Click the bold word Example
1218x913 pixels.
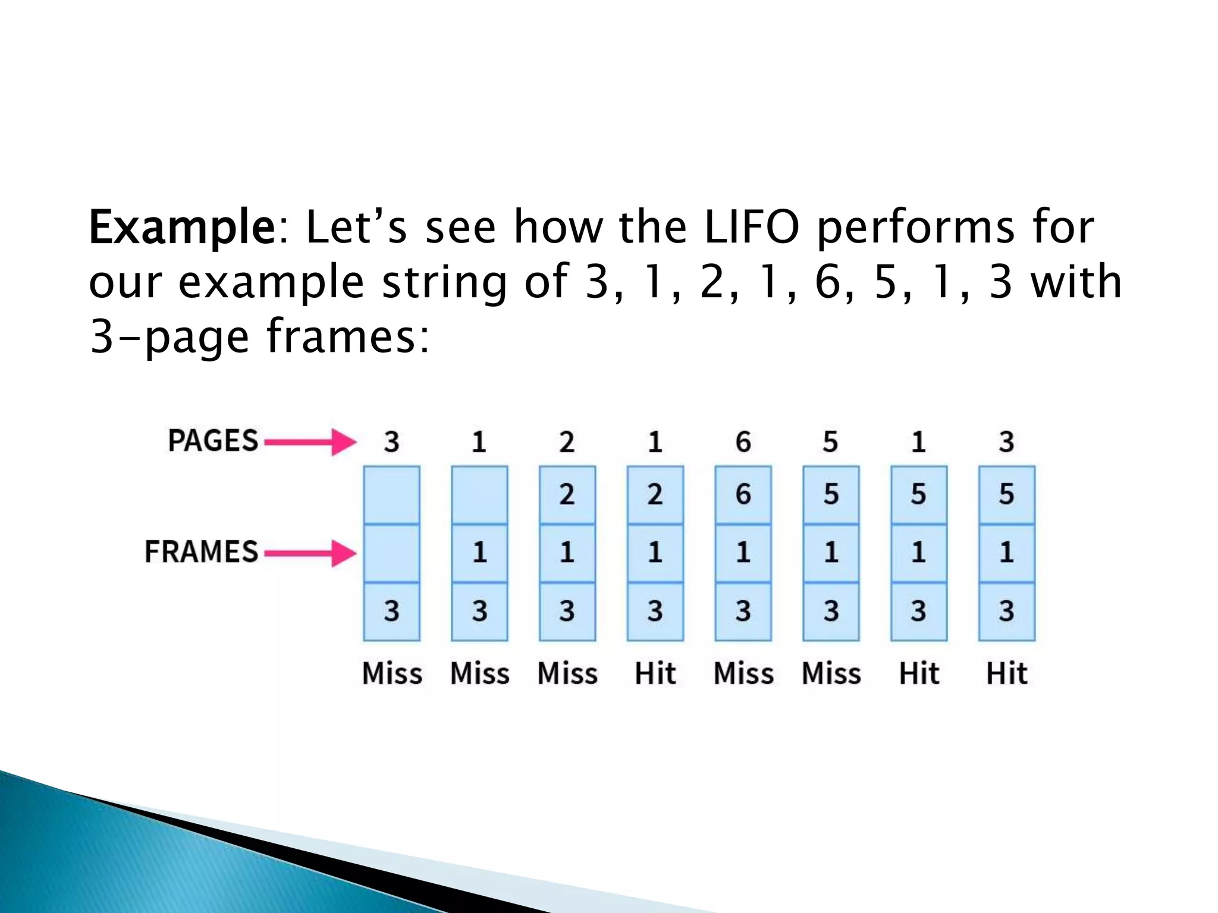[x=181, y=228]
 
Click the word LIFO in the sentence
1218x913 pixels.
[x=751, y=227]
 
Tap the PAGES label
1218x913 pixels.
[x=213, y=441]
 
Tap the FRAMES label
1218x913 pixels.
[x=202, y=552]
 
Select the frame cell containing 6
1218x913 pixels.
[x=743, y=495]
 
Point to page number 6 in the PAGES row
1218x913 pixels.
[x=743, y=442]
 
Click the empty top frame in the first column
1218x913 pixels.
[x=391, y=495]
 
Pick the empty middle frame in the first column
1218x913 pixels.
[x=391, y=553]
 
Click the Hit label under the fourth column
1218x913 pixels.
[x=655, y=674]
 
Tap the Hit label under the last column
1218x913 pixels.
[x=1006, y=674]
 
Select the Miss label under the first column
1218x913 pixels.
[x=392, y=674]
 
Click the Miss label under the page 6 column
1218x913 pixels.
[x=743, y=674]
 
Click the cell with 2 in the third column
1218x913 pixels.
[x=567, y=495]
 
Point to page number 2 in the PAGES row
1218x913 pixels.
[x=567, y=442]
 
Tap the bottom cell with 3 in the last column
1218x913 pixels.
[x=1006, y=611]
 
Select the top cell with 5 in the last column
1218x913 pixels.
[x=1006, y=495]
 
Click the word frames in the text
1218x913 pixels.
[x=347, y=336]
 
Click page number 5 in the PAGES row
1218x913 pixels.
[x=830, y=442]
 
